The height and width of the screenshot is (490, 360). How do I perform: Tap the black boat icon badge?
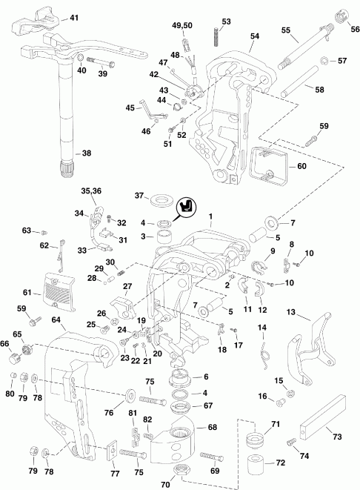(187, 207)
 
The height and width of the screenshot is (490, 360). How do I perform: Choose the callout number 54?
(255, 35)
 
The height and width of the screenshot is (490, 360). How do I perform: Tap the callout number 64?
(56, 320)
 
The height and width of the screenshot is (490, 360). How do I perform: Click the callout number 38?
(87, 153)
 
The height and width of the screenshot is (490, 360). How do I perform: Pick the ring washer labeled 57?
(325, 59)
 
